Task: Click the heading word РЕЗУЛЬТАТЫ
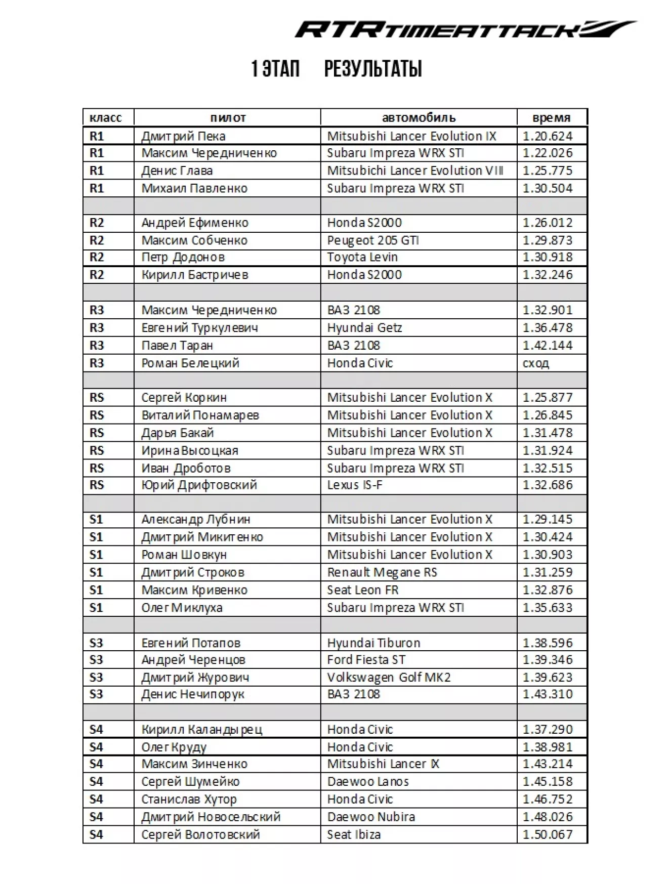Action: coord(373,69)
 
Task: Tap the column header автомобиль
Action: coord(419,118)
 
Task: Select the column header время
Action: coord(551,118)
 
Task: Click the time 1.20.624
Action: coord(548,136)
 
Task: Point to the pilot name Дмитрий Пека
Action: coord(183,136)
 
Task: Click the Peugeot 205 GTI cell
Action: coord(373,240)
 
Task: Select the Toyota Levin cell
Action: coord(362,257)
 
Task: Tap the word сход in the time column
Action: coord(535,363)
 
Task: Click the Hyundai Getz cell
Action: coord(364,328)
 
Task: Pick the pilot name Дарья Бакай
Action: coord(178,433)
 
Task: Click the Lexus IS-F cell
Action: coord(355,485)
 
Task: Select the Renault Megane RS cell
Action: coord(382,572)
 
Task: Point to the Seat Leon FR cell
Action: coord(363,590)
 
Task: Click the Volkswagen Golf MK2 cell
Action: coord(389,678)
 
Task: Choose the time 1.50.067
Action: coord(548,834)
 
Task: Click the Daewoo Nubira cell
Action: coord(371,817)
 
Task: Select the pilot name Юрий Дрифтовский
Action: coord(199,485)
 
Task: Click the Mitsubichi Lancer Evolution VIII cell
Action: coord(415,171)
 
